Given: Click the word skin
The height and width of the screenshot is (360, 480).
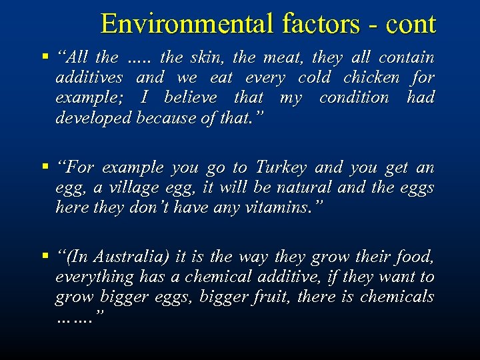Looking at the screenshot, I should click(x=209, y=57).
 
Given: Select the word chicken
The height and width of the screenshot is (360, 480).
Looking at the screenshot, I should click(x=372, y=77).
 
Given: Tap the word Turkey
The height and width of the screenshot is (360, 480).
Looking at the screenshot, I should click(x=281, y=167).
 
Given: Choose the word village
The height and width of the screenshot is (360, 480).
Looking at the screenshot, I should click(x=133, y=187).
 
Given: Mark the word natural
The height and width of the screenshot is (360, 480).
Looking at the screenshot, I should click(x=303, y=187).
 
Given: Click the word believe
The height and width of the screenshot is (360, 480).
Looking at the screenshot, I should click(x=190, y=97).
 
